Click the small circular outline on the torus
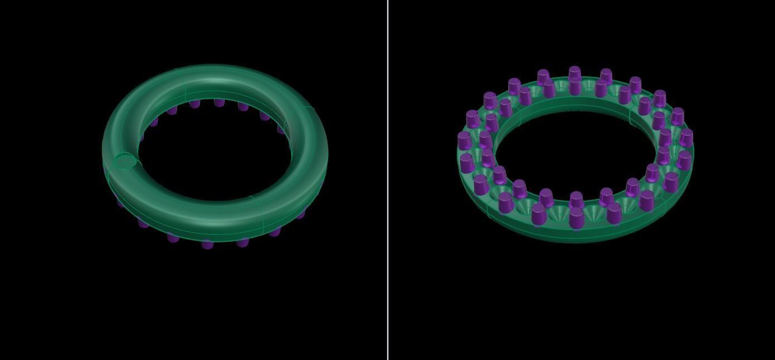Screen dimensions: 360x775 coord(125,162)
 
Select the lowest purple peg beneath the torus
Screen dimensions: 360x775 coord(207,244)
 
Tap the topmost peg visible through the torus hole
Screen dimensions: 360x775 coord(219,102)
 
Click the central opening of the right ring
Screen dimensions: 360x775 coord(574,150)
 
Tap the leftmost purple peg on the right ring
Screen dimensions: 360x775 coord(464,140)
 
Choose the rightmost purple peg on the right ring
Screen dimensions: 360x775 coord(686,138)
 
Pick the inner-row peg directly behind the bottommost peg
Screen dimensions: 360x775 coord(576,200)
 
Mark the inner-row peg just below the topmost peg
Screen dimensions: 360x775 coord(575,87)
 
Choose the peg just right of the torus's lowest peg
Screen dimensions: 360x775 coord(242,242)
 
